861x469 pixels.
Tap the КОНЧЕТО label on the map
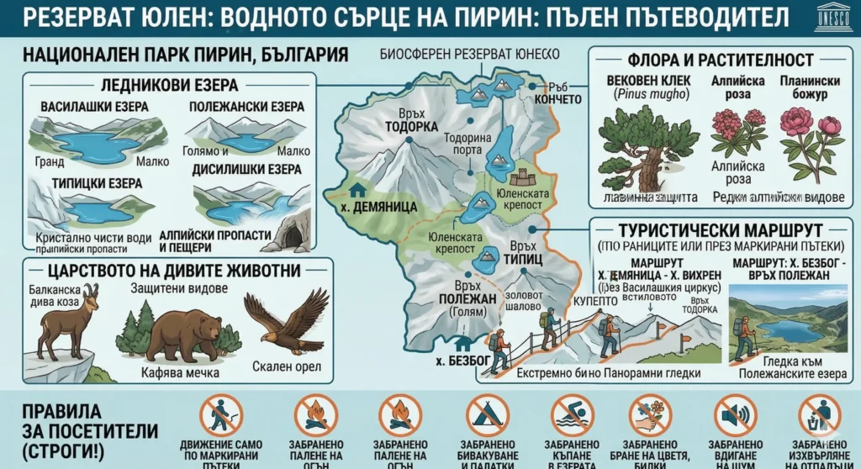557,99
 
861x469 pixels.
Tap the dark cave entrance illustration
293,235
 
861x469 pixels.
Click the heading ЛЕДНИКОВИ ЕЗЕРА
168,85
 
